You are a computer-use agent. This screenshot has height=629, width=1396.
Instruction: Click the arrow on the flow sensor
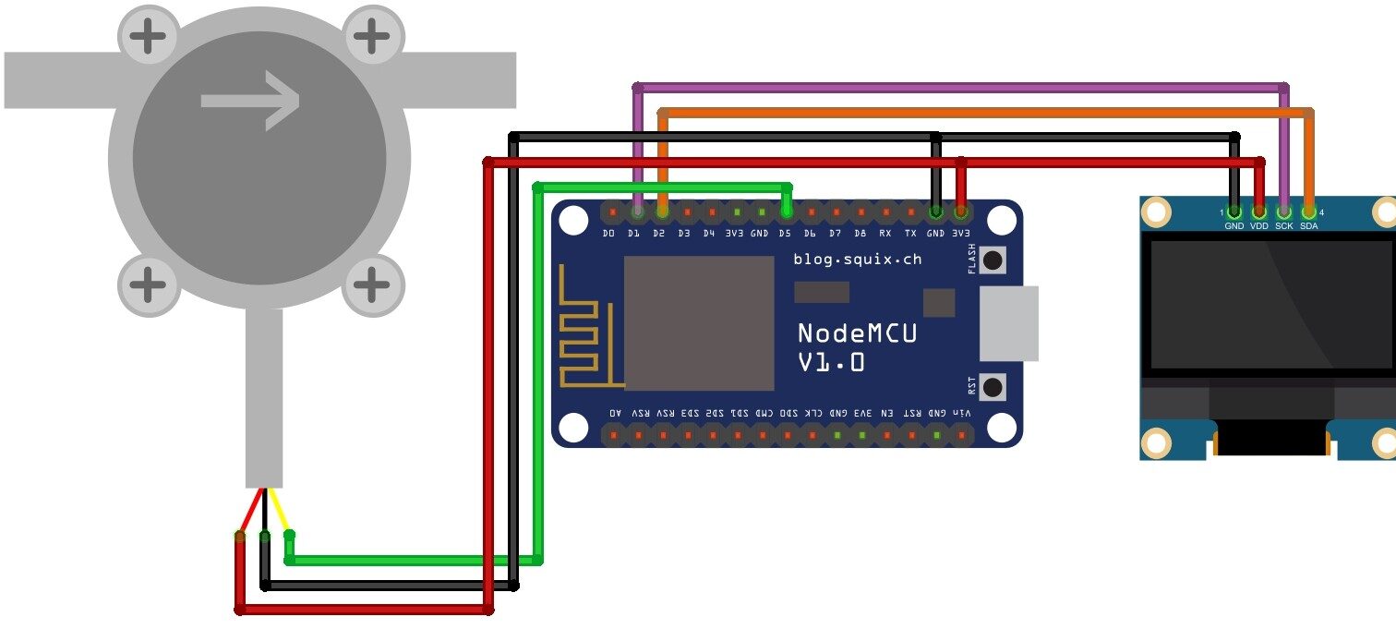(x=250, y=101)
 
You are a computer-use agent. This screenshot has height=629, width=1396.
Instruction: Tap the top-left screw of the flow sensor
(x=149, y=36)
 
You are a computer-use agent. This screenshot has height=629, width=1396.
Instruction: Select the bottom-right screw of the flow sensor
(x=373, y=285)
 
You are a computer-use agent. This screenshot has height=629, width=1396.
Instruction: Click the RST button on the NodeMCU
(x=993, y=387)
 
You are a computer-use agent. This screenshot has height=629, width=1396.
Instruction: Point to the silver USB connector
(x=1009, y=323)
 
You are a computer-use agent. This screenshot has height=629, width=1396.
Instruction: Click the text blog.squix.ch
(x=858, y=260)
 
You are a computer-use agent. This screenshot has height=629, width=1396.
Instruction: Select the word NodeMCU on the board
(x=858, y=333)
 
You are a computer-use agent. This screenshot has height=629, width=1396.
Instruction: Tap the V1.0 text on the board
(x=831, y=362)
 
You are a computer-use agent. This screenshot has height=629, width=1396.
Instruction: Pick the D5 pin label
(x=785, y=233)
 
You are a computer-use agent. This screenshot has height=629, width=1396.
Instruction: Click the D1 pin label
(x=633, y=233)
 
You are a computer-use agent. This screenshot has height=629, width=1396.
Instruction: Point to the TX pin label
(x=910, y=233)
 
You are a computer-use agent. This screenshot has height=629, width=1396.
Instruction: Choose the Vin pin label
(x=962, y=413)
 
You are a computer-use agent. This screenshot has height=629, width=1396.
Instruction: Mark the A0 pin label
(x=615, y=413)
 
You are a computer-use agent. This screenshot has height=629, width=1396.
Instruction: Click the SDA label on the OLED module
(x=1309, y=225)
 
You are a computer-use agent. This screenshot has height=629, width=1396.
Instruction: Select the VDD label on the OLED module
(x=1259, y=225)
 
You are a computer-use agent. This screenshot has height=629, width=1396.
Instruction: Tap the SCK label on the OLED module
(x=1283, y=225)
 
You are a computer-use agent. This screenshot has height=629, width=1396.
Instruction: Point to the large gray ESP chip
(x=699, y=323)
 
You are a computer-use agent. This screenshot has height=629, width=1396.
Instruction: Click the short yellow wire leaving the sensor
(x=280, y=511)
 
